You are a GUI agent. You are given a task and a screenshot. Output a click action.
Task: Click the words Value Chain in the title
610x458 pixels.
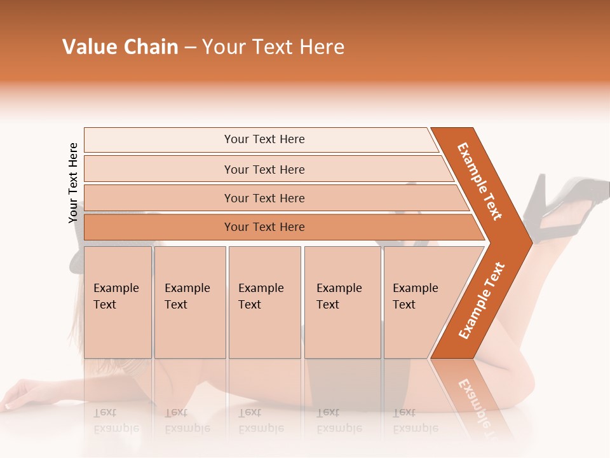(120, 47)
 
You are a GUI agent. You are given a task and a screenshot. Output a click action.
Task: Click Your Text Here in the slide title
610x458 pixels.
(273, 47)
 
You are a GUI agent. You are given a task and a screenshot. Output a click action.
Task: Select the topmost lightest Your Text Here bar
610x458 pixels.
(264, 139)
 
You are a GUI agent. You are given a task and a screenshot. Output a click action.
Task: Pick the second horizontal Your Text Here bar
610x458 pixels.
(264, 169)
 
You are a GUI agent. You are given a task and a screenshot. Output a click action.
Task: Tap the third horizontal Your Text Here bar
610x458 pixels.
(264, 198)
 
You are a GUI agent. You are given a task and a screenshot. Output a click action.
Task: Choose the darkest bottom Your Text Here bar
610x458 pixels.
(264, 227)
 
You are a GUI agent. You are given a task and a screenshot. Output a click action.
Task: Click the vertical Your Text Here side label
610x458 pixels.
(73, 183)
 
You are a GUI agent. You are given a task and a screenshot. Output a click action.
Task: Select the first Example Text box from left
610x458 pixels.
(118, 302)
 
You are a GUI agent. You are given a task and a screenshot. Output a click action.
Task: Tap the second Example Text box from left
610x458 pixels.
(189, 302)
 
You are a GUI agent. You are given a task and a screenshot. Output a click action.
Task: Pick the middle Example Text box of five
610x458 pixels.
(264, 302)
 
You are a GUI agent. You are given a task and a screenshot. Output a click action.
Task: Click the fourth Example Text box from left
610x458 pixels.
(342, 302)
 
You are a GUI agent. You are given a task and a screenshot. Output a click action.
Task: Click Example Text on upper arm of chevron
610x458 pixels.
(480, 181)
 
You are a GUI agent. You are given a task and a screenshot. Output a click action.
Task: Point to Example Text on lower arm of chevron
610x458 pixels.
(482, 300)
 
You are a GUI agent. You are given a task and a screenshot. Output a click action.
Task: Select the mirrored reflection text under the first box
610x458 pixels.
(116, 420)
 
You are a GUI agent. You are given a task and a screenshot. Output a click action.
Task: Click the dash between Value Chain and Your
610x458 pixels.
(190, 48)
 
